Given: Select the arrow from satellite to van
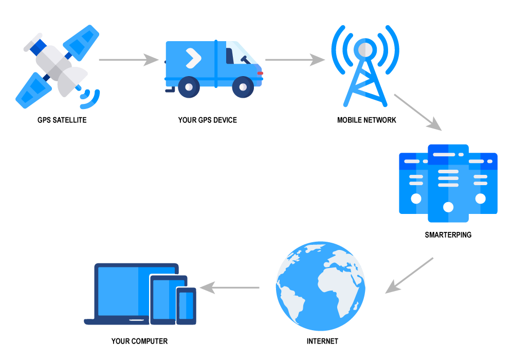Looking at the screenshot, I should (128, 60).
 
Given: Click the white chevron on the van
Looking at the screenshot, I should (193, 58).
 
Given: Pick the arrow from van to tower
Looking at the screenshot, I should (295, 60).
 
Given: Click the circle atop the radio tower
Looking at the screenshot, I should (365, 49).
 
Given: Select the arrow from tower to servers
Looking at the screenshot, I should (417, 112).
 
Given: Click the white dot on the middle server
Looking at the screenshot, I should (448, 207).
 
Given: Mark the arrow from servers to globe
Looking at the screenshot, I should (409, 276).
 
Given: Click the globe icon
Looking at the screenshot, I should (320, 286).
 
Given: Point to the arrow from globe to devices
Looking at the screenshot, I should (229, 287).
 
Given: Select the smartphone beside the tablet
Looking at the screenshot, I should (186, 305).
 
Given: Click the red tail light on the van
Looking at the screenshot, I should (261, 73).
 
